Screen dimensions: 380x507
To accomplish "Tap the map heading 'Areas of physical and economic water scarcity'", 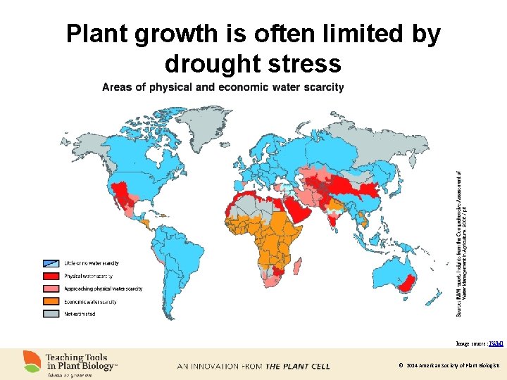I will tap(223, 87).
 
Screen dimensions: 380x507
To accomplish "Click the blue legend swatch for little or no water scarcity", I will tap(51, 262).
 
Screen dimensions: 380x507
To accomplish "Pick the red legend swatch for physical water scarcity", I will tap(51, 276).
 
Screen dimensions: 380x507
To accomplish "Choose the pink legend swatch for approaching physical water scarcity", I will tap(51, 289).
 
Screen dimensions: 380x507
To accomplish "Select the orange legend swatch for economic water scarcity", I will tap(51, 301).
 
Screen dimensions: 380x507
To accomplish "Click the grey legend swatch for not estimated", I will tap(51, 314).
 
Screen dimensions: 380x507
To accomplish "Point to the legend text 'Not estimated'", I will tap(80, 314).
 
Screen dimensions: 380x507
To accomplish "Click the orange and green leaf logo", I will tap(32, 362).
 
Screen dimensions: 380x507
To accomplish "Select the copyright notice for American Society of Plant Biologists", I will tap(449, 366).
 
